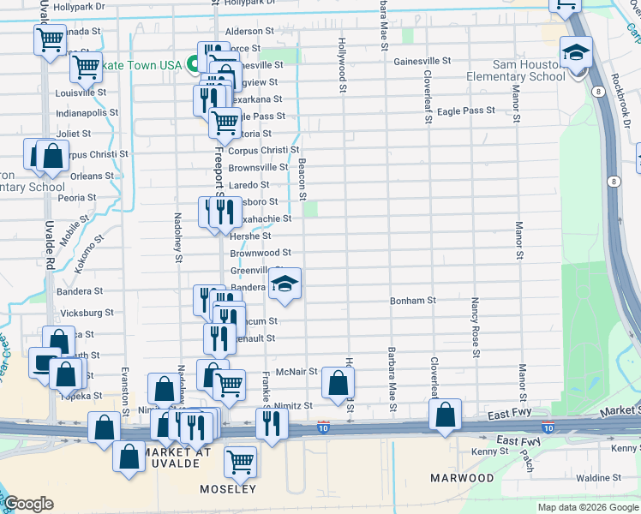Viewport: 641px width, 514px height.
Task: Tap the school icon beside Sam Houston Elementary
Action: pyautogui.click(x=576, y=54)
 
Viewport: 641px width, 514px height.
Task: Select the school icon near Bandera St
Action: pyautogui.click(x=285, y=285)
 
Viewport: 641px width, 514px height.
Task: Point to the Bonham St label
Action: pyautogui.click(x=413, y=301)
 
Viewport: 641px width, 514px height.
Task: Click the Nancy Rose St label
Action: pyautogui.click(x=475, y=328)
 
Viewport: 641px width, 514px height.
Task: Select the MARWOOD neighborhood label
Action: pyautogui.click(x=462, y=477)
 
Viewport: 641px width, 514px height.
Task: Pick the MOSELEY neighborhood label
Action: pyautogui.click(x=227, y=489)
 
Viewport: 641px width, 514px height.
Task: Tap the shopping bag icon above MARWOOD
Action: pyautogui.click(x=445, y=416)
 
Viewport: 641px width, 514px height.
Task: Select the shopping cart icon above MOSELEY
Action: pyautogui.click(x=240, y=463)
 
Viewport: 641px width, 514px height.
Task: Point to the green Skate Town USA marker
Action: pyautogui.click(x=195, y=65)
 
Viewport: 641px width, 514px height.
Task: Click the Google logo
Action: pyautogui.click(x=28, y=504)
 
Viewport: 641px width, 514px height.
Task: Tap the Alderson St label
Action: pyautogui.click(x=249, y=32)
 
